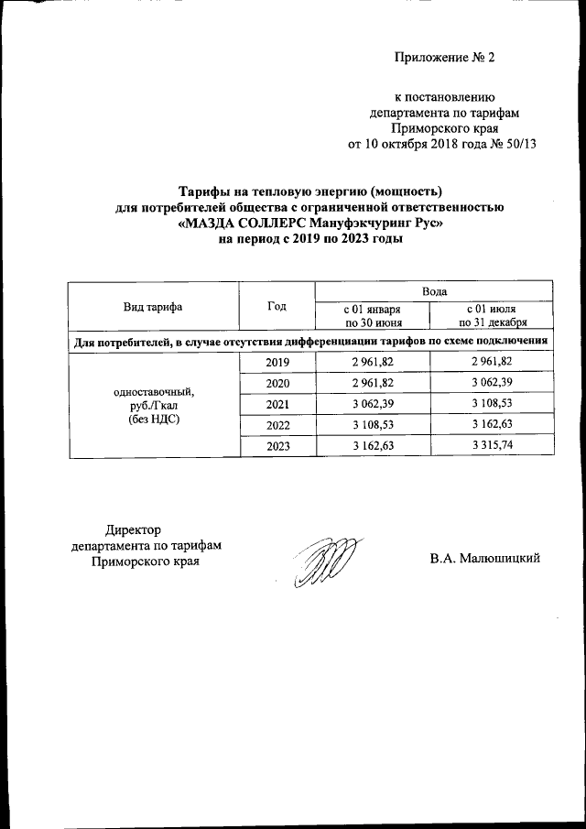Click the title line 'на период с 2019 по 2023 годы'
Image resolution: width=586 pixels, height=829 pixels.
coord(309,239)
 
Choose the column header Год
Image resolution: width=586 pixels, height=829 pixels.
coord(277,307)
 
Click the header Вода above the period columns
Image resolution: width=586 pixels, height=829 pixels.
coord(433,290)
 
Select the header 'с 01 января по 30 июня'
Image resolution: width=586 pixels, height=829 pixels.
coord(373,316)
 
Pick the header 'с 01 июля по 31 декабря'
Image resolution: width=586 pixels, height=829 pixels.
coord(493,316)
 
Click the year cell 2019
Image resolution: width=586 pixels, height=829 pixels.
coord(277,363)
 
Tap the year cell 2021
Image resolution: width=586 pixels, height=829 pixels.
coord(277,404)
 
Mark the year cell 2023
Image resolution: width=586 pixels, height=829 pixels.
coord(277,445)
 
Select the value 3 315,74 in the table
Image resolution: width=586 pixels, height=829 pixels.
coord(493,445)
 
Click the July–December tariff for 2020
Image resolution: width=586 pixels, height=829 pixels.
coord(493,383)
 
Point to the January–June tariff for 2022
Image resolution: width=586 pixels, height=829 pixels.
coord(373,425)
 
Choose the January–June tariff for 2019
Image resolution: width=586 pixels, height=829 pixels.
coord(373,363)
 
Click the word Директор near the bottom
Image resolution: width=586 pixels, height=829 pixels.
coord(133,529)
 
